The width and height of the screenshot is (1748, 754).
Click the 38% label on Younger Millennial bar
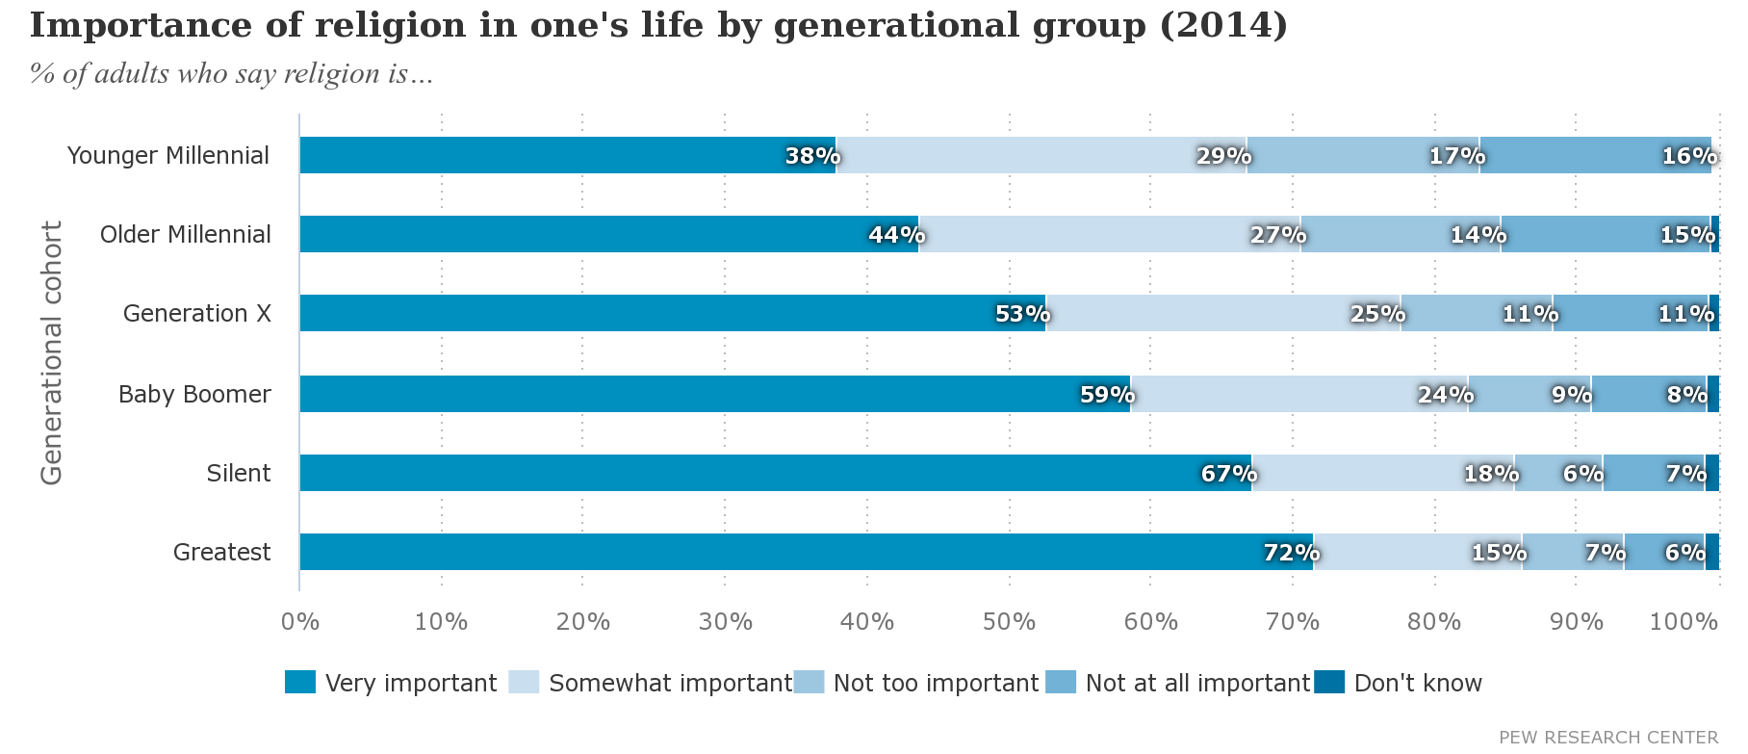tap(812, 156)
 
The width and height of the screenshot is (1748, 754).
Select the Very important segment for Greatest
tap(806, 552)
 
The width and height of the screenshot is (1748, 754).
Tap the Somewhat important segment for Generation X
tap(1222, 314)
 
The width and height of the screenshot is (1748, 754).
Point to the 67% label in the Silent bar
tap(1228, 474)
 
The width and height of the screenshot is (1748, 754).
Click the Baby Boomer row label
tap(194, 394)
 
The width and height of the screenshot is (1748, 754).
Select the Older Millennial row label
tap(186, 234)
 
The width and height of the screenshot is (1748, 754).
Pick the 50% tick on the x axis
tap(1009, 622)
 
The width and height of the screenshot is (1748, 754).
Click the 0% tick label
tap(299, 622)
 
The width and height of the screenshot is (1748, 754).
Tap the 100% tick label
tap(1684, 622)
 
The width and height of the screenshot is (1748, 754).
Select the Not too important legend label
tap(936, 683)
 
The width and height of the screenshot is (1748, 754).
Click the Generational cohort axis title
tap(51, 352)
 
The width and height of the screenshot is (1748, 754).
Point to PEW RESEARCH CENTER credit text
tap(1607, 738)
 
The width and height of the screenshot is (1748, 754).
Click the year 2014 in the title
tap(1223, 26)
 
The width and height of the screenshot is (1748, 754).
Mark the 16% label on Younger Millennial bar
tap(1688, 156)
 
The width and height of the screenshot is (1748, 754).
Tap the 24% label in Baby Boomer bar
tap(1445, 395)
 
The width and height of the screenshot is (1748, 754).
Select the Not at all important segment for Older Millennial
tap(1606, 234)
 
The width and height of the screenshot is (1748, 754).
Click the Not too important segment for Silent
tap(1558, 473)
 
